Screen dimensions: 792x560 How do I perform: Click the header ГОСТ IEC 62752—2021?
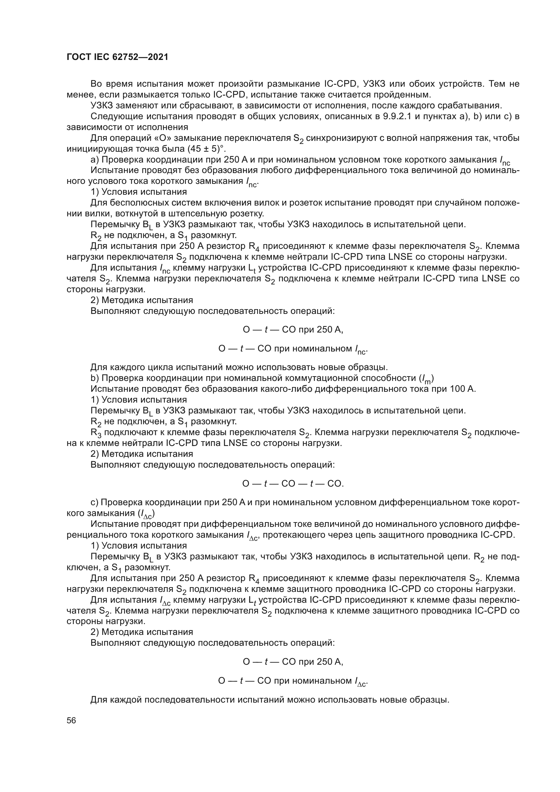tap(117, 57)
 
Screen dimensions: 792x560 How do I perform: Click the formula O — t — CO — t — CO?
tap(293, 484)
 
